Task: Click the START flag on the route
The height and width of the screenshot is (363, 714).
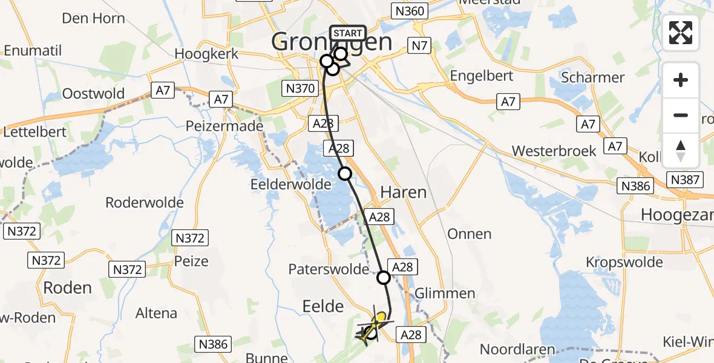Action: click(348, 33)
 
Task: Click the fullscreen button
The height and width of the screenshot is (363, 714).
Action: click(681, 33)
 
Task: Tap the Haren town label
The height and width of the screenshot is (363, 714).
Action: click(404, 192)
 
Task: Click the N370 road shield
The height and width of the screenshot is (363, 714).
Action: click(300, 89)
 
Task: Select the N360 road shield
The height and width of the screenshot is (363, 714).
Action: click(410, 11)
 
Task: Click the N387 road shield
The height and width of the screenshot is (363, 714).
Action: click(686, 179)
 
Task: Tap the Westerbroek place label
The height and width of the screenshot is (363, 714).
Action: click(554, 151)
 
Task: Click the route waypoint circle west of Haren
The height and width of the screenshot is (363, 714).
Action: click(344, 174)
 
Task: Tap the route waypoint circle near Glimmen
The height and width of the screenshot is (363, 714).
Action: click(384, 278)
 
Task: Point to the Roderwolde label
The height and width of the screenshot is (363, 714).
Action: click(145, 203)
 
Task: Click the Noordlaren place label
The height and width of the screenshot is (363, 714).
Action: click(517, 349)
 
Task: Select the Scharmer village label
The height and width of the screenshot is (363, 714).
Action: click(592, 77)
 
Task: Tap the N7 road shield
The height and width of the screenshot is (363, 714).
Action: click(419, 45)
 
